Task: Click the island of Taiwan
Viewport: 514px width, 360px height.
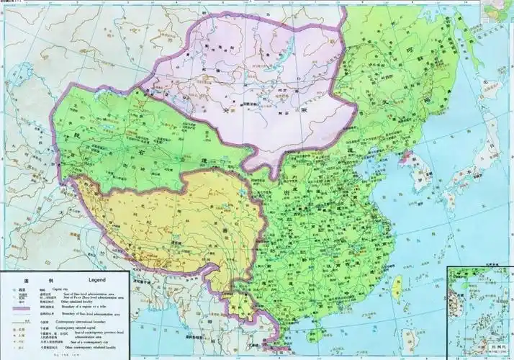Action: (394, 286)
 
